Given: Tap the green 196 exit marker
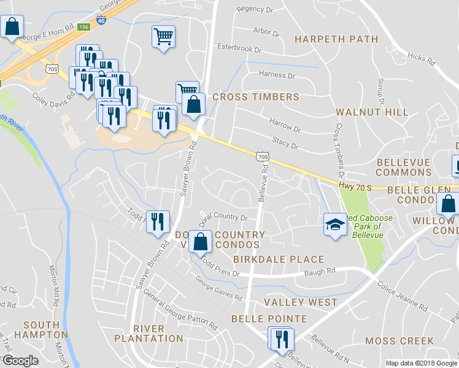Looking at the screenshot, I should pyautogui.click(x=84, y=27).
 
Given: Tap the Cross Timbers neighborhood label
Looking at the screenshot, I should pyautogui.click(x=255, y=97).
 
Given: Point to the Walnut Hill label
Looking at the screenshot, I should pyautogui.click(x=372, y=112).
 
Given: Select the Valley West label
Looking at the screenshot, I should pyautogui.click(x=301, y=302).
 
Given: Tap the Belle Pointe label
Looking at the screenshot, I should pyautogui.click(x=269, y=319).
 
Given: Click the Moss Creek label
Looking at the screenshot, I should pyautogui.click(x=399, y=340).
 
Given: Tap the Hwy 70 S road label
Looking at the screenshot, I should pyautogui.click(x=354, y=186).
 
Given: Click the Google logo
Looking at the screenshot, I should pyautogui.click(x=20, y=361).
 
